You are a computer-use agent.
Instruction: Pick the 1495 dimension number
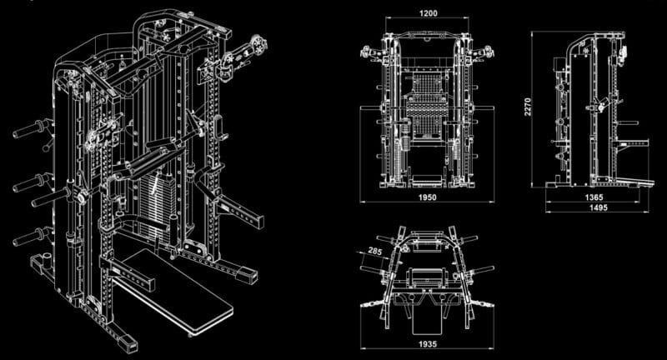594,208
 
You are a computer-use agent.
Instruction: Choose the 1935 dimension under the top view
425,342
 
